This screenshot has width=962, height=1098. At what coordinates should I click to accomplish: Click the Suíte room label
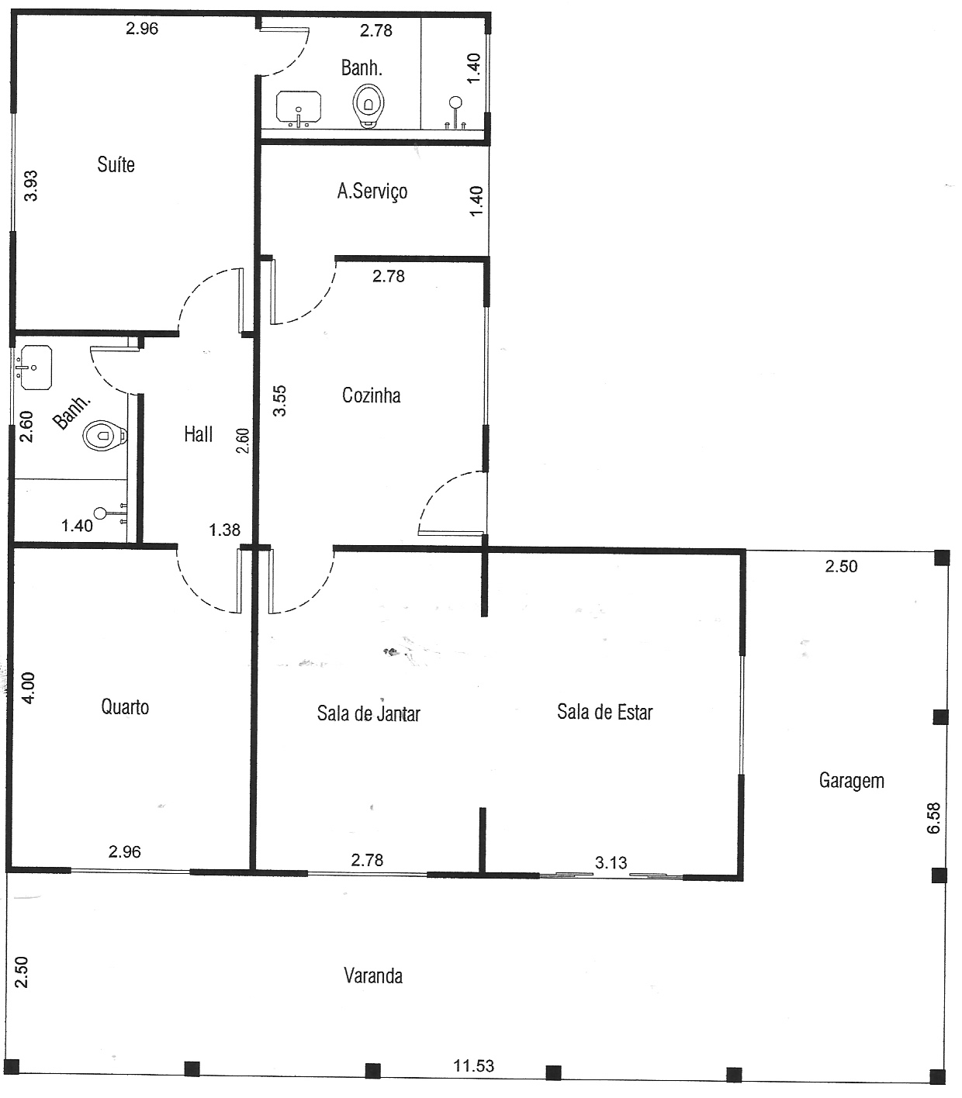click(x=116, y=164)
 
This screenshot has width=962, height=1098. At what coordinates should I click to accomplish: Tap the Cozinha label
click(x=372, y=395)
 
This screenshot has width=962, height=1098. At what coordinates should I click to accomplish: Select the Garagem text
click(x=851, y=780)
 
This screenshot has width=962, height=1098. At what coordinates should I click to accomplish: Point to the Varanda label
click(x=373, y=975)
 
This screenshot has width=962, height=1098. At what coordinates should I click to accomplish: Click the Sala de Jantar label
click(x=369, y=713)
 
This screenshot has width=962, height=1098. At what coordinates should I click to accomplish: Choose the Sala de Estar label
click(x=605, y=712)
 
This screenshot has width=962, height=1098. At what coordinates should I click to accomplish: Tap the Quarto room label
click(x=125, y=706)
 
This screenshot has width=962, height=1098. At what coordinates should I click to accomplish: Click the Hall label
click(x=198, y=434)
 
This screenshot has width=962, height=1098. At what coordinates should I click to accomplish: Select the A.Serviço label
click(x=372, y=191)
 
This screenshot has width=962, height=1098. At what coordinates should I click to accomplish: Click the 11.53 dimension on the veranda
click(x=473, y=1065)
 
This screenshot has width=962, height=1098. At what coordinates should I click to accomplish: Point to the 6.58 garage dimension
click(x=933, y=818)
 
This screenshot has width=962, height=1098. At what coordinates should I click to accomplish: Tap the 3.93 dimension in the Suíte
click(x=31, y=185)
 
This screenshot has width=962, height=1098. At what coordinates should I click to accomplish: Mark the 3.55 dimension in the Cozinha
click(x=280, y=401)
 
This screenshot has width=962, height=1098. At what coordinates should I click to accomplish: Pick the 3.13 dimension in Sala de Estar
click(x=611, y=862)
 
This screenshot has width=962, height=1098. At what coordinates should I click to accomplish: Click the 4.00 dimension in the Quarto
click(x=27, y=689)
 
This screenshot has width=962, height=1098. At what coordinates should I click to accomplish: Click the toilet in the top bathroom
click(x=369, y=107)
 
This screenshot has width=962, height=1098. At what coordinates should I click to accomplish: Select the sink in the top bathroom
click(x=299, y=108)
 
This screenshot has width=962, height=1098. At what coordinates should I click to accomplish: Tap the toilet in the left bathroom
click(x=105, y=435)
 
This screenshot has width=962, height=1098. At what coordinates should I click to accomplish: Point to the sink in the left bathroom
click(x=35, y=367)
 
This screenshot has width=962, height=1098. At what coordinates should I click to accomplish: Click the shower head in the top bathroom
click(x=455, y=102)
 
